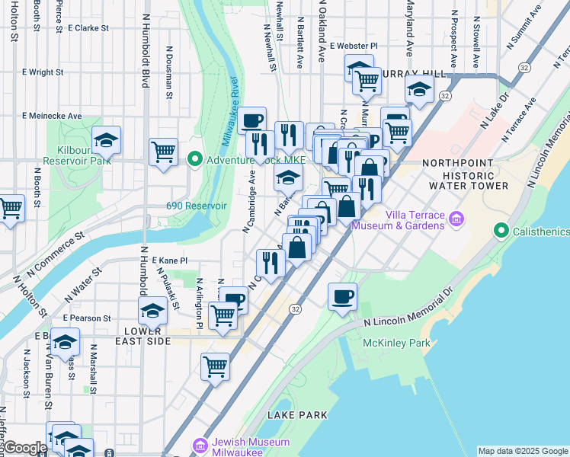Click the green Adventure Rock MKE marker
point(195,159)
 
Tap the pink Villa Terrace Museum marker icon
point(456,219)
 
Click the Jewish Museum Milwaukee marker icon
point(200,444)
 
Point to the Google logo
point(24,448)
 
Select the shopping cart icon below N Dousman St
point(163,152)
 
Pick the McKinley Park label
point(396,344)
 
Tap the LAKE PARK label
point(297,415)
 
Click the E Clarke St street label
point(88,28)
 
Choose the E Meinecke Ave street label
point(52,116)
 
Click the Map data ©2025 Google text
point(523,451)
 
